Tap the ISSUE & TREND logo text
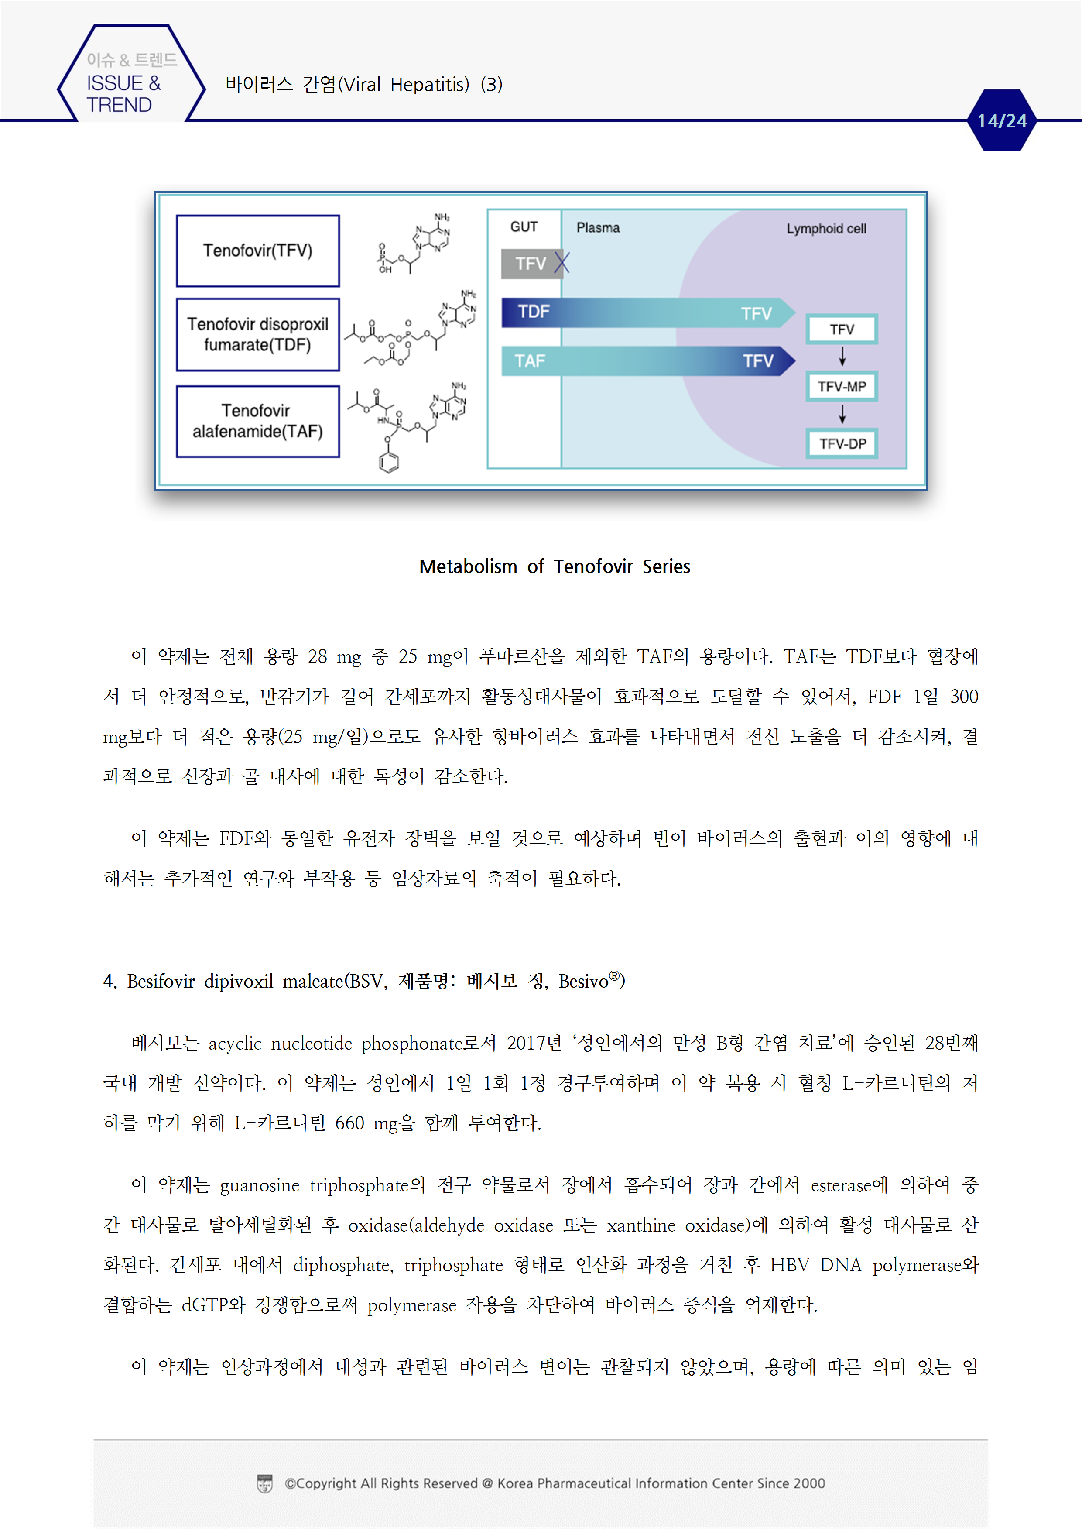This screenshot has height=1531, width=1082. click(123, 93)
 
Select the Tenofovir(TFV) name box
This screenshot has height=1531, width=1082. click(257, 251)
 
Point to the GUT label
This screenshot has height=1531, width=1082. click(524, 227)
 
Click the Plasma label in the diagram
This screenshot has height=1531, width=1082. click(598, 228)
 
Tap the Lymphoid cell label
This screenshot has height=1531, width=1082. click(826, 229)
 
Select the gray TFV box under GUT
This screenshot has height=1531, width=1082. click(530, 264)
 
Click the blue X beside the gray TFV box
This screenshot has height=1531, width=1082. click(562, 263)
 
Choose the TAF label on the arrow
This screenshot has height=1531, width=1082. click(530, 361)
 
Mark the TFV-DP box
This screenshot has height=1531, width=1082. click(842, 443)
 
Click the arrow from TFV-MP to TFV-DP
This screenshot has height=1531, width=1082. click(842, 415)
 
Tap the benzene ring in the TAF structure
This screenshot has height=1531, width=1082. click(389, 461)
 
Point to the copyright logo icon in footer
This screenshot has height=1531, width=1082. click(265, 1484)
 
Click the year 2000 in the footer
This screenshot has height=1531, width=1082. click(809, 1484)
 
